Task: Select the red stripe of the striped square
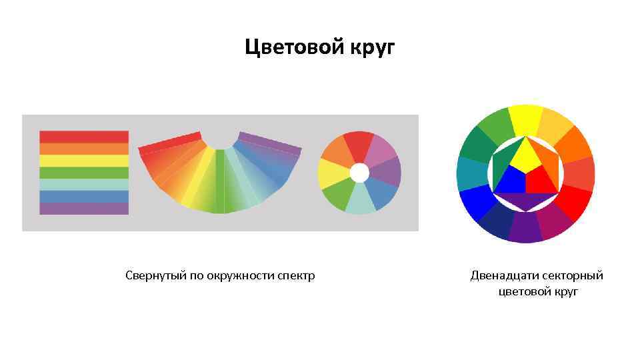[84, 137]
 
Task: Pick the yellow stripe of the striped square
[84, 161]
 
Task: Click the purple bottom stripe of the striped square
[84, 209]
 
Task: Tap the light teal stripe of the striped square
[84, 185]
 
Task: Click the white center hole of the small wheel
[359, 173]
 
